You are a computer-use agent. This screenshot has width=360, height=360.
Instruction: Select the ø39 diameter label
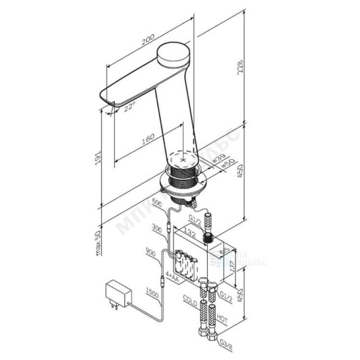click(x=219, y=158)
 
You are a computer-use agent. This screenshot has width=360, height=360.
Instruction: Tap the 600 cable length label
click(x=156, y=203)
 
